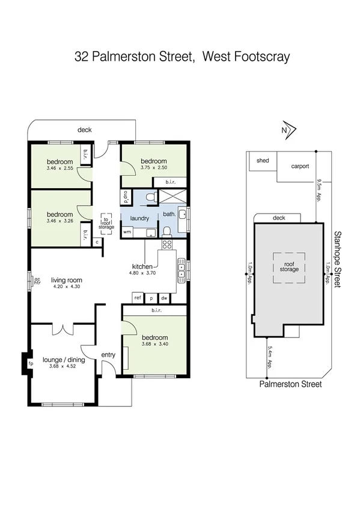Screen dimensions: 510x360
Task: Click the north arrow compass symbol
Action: point(287,129)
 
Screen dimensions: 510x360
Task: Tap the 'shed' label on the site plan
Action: point(263,161)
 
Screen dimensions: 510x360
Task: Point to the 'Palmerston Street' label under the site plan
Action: point(290,384)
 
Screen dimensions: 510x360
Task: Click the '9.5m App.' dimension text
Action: point(319,192)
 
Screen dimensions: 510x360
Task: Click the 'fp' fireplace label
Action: point(31,364)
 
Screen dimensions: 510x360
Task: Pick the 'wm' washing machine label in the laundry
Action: point(127,232)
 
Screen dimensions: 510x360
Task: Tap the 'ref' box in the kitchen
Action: point(138,298)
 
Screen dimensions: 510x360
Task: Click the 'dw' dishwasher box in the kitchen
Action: point(164,298)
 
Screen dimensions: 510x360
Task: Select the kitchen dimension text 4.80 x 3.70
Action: point(143,272)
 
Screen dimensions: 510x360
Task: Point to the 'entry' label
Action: point(108,355)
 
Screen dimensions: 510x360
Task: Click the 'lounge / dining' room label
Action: point(64,360)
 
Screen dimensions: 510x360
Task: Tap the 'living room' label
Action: point(66,280)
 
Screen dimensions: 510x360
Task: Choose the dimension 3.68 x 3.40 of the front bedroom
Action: point(155,344)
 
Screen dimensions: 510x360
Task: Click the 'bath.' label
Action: point(169,214)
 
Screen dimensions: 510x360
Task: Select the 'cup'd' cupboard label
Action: point(126,197)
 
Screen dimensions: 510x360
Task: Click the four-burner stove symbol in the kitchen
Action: point(166,245)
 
